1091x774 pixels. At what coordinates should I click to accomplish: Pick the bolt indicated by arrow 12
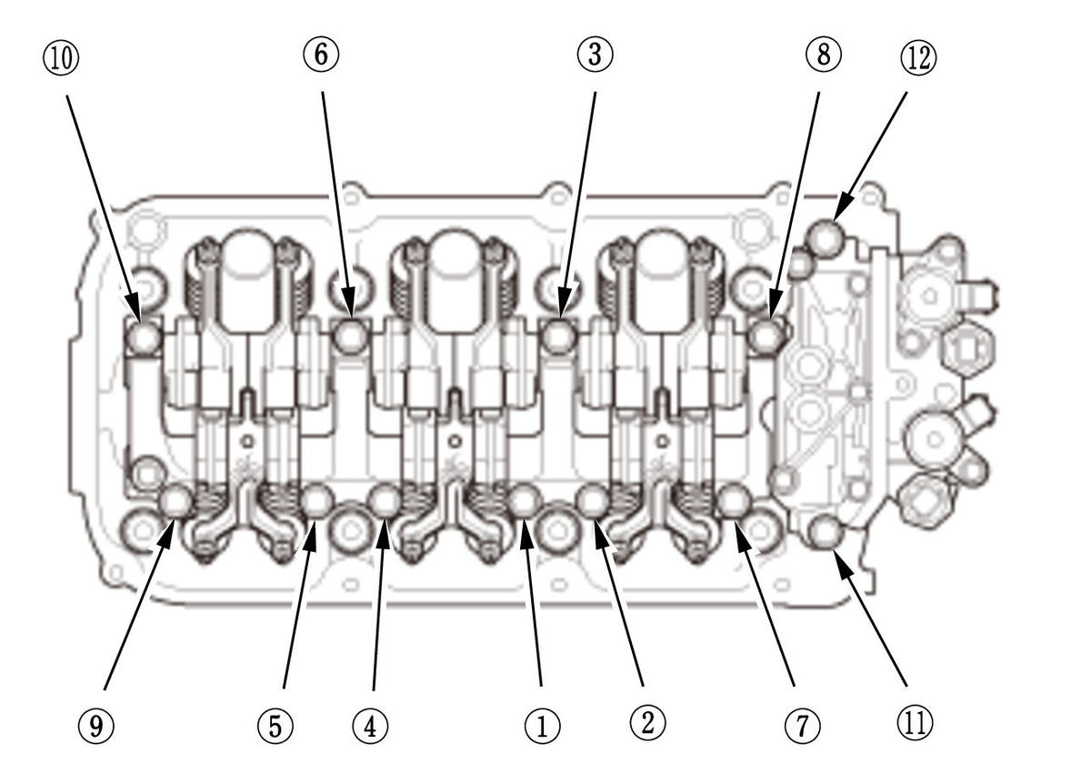pyautogui.click(x=826, y=236)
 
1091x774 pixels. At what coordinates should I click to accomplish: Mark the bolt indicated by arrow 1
pyautogui.click(x=525, y=500)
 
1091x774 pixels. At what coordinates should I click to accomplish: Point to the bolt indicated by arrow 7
pyautogui.click(x=733, y=500)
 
